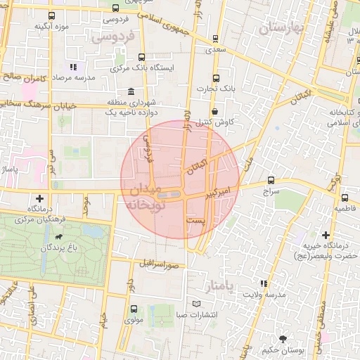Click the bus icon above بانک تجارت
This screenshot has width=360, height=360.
pos(216,78)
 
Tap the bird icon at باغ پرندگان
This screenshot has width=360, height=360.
pos(65,238)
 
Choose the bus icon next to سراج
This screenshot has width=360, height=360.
pos(271,180)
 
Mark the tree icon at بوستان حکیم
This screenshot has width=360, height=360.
pos(283,338)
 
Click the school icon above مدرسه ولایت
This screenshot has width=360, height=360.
pos(263,283)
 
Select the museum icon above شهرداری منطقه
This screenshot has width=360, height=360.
pos(132,91)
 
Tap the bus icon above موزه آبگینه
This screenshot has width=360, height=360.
pos(51,15)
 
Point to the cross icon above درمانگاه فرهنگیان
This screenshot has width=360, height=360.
pos(40,198)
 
